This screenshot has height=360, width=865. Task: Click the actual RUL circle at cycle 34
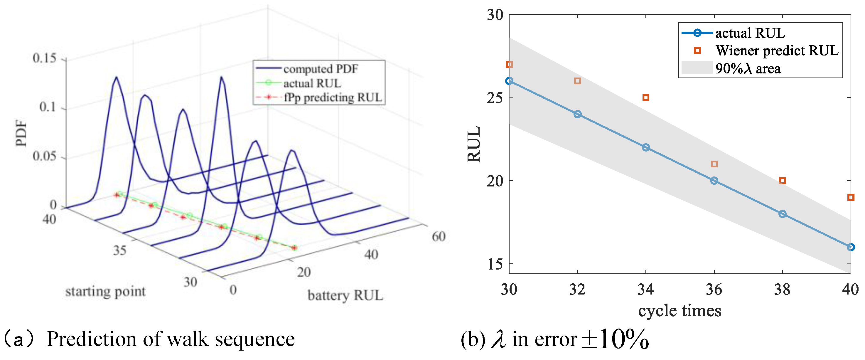645,147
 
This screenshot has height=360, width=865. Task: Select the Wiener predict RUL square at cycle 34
645,98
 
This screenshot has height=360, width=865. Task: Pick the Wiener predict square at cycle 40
850,197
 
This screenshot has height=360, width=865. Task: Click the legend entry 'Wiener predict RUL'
777,51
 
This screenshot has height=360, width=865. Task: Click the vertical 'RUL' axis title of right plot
474,144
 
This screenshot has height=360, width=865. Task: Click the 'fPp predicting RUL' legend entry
333,97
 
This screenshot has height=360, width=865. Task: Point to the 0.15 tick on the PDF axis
44,58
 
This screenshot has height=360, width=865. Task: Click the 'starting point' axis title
105,291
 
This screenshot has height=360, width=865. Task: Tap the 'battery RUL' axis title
345,295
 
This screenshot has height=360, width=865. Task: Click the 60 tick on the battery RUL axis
438,236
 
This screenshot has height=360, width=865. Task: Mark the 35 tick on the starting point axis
119,250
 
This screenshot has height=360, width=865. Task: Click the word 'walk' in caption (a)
188,339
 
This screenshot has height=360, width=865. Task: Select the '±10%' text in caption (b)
615,339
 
